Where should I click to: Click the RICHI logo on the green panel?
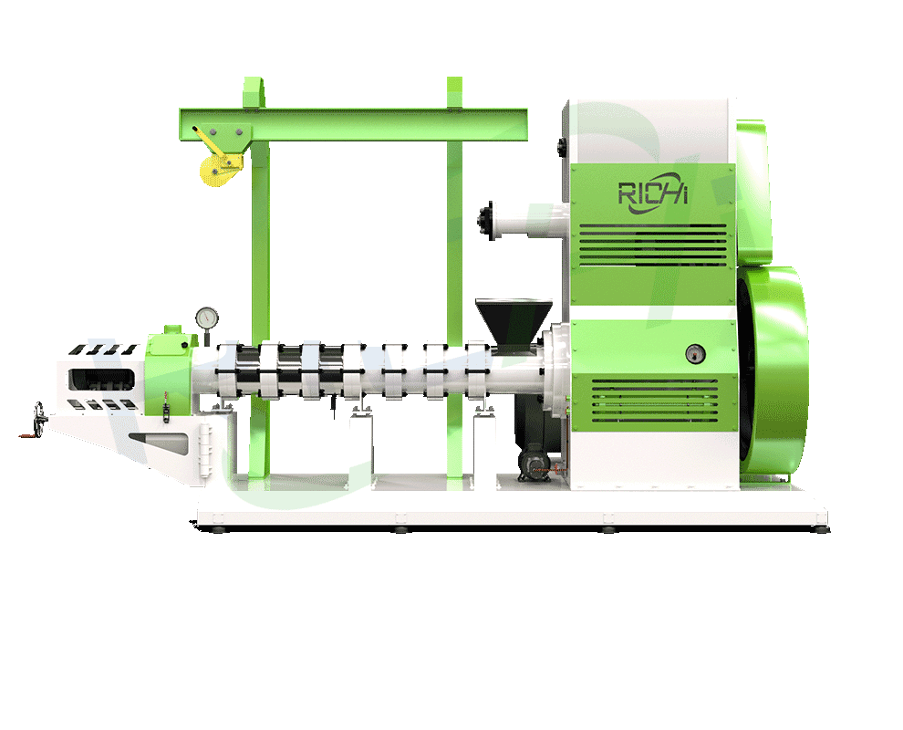pyautogui.click(x=651, y=193)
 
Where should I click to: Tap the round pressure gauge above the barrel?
pyautogui.click(x=207, y=318)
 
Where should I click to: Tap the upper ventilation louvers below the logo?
pyautogui.click(x=653, y=241)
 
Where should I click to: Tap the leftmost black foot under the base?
pyautogui.click(x=220, y=527)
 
